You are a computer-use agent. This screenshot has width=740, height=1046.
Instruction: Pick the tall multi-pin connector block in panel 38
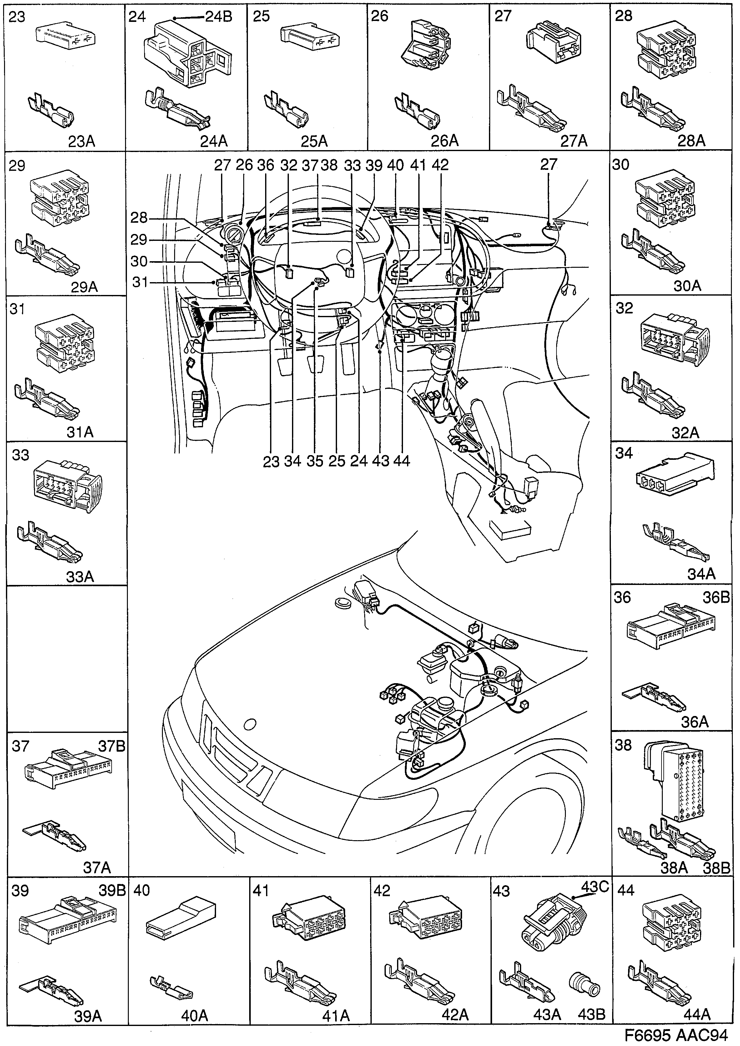(x=682, y=782)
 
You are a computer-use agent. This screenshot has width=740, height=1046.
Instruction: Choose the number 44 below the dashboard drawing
(x=401, y=461)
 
